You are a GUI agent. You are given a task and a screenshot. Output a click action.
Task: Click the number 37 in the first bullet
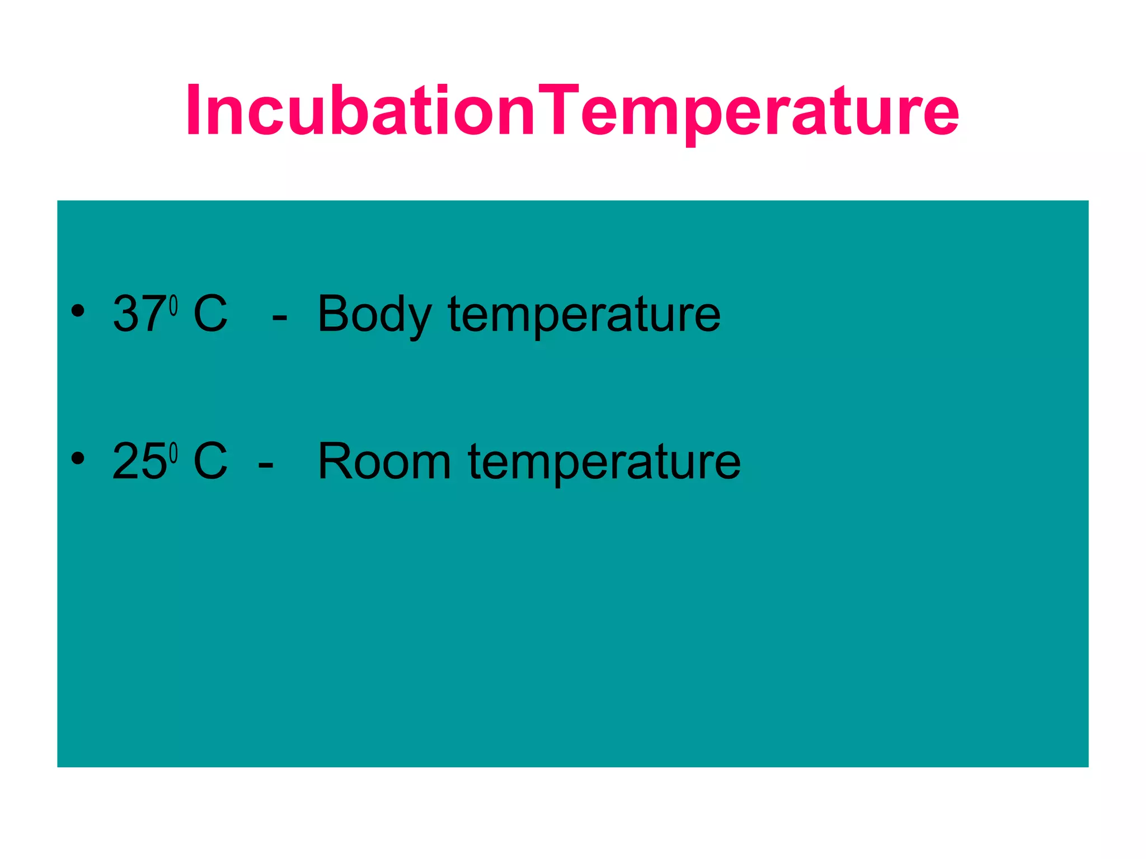[x=139, y=314]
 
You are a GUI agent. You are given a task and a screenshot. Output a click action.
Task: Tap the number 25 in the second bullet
[x=139, y=461]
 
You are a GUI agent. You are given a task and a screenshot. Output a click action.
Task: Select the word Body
[x=374, y=314]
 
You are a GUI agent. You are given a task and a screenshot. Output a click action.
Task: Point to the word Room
[x=384, y=461]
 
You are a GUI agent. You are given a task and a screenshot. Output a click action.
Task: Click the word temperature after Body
[x=584, y=315]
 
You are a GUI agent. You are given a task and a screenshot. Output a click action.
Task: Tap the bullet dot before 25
[x=78, y=458]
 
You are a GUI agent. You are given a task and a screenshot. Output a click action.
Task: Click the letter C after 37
[x=210, y=314]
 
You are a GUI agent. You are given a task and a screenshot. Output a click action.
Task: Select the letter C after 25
[x=210, y=461]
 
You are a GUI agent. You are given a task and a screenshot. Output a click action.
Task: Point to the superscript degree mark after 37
[x=173, y=305]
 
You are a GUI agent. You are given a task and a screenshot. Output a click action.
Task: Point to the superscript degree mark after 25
[x=173, y=453]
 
